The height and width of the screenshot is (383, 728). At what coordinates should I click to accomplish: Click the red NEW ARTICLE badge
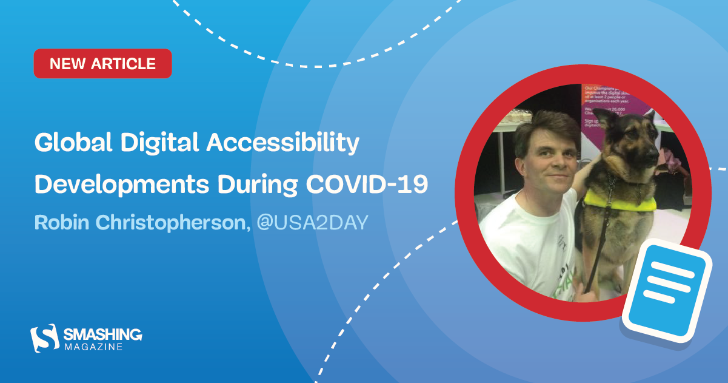click(x=102, y=64)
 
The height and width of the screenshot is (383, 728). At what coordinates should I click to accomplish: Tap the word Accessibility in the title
click(x=284, y=144)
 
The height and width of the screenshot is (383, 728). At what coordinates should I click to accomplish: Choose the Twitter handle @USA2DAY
click(x=312, y=223)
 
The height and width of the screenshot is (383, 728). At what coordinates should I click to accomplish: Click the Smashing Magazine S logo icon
click(x=44, y=337)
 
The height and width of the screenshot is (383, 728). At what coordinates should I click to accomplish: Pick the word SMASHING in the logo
click(x=103, y=334)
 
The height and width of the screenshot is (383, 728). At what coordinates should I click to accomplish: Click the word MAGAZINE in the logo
click(x=94, y=347)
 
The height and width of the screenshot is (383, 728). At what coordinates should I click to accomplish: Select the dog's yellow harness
click(x=618, y=201)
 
